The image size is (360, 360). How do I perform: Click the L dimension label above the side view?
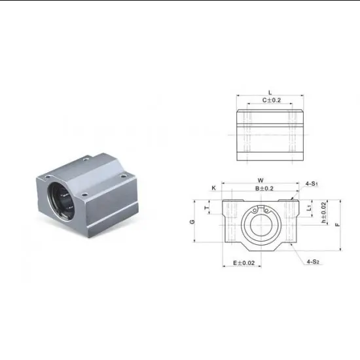coord(270,92)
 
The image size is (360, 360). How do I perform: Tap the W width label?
coord(260,180)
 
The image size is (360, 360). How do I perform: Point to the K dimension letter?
coord(213,188)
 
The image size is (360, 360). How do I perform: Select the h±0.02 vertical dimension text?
coord(324,213)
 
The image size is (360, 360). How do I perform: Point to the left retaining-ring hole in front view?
coord(255,211)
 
